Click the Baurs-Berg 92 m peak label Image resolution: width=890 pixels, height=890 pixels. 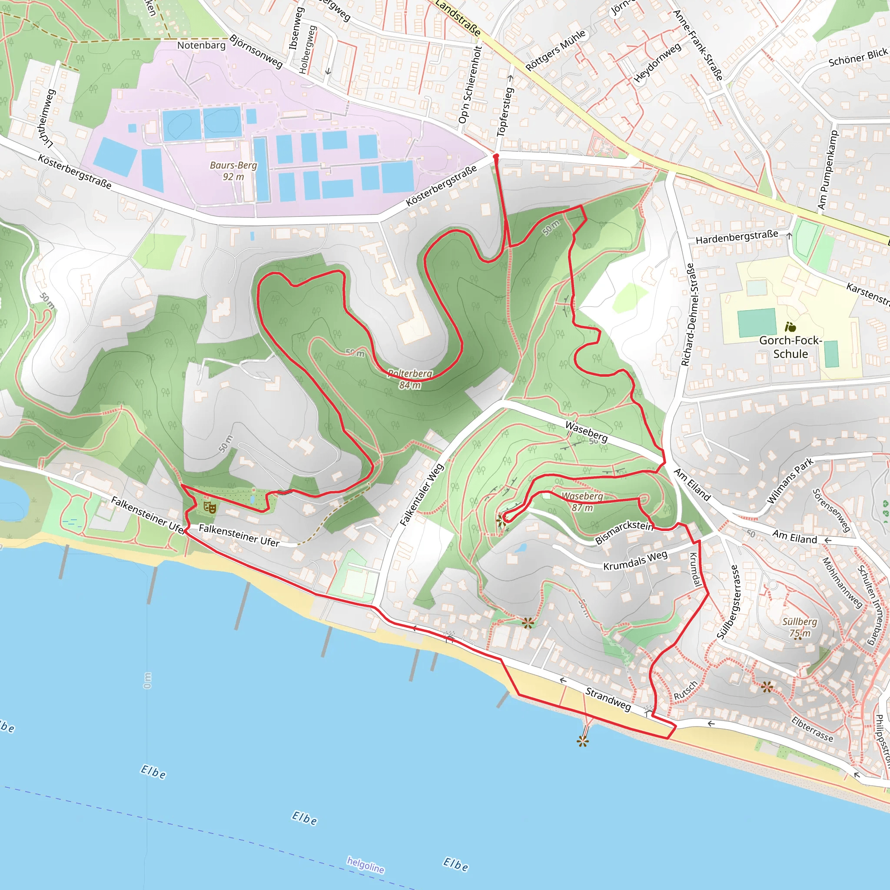pyautogui.click(x=233, y=171)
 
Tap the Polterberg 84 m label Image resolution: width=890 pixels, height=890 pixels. pyautogui.click(x=409, y=379)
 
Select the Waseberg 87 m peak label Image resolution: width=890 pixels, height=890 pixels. pyautogui.click(x=582, y=501)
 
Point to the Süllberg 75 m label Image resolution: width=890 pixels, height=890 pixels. pyautogui.click(x=800, y=627)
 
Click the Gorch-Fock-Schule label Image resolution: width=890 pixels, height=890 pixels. pyautogui.click(x=790, y=347)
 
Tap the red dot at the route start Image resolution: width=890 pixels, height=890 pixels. pyautogui.click(x=496, y=156)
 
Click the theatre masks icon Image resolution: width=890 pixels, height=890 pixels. pyautogui.click(x=209, y=508)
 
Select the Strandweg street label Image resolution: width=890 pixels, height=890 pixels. pyautogui.click(x=608, y=698)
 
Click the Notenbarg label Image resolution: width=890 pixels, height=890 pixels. pyautogui.click(x=201, y=45)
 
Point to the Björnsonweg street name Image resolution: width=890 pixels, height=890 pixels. pyautogui.click(x=256, y=51)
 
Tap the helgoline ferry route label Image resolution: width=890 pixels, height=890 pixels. pyautogui.click(x=365, y=865)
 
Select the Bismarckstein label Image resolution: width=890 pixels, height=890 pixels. pyautogui.click(x=624, y=532)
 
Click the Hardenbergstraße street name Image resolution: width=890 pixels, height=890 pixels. pyautogui.click(x=737, y=237)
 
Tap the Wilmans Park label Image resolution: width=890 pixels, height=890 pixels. pyautogui.click(x=790, y=481)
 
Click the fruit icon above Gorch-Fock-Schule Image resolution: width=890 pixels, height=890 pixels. pyautogui.click(x=790, y=327)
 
